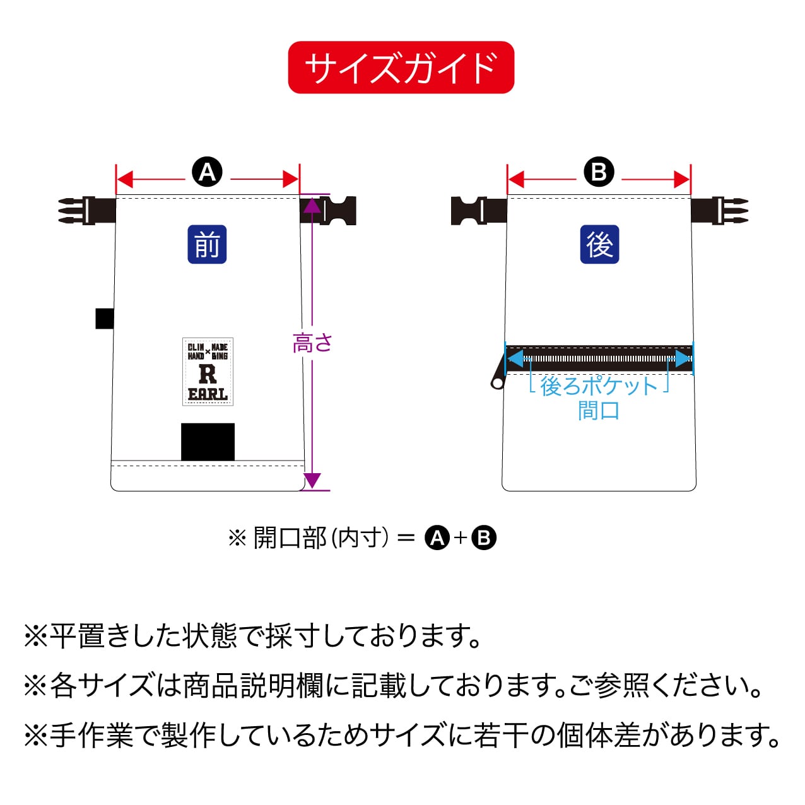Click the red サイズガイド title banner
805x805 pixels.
point(401,68)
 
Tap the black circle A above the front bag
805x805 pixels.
point(207,172)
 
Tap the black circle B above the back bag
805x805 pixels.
point(599,172)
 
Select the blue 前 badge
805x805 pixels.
point(207,244)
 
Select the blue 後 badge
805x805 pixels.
point(599,244)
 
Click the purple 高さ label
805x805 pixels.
point(312,343)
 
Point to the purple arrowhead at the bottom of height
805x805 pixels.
point(312,480)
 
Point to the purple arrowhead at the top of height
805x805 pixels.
point(312,204)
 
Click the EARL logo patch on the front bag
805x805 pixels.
point(208,372)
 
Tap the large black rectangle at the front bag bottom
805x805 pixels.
point(208,442)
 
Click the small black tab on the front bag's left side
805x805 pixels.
point(105,319)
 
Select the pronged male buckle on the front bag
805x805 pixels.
point(87,211)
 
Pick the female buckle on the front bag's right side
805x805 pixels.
point(328,211)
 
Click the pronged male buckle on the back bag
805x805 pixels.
point(719,211)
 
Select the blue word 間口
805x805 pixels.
point(599,410)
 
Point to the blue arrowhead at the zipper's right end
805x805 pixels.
point(684,358)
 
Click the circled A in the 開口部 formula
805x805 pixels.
point(437,538)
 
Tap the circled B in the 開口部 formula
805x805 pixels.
point(484,538)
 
